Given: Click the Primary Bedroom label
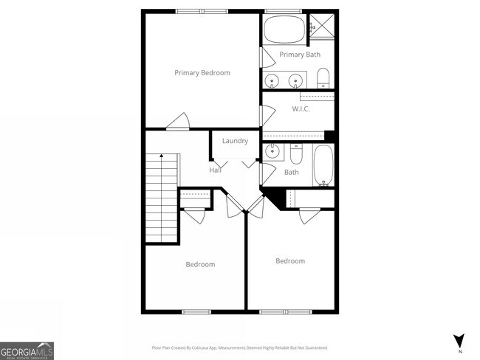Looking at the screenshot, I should coord(202,73).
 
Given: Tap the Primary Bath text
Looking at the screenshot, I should coord(299,55).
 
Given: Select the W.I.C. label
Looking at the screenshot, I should coord(301,109).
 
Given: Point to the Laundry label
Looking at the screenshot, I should coord(235,141).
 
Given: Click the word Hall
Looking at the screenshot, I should coord(215,170).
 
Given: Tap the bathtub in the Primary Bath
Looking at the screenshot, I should coord(284,30).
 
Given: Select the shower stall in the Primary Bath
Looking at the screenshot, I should coord(322,26).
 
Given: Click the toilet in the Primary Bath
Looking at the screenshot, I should coord(323,77).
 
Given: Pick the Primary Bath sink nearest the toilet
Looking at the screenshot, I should coord(297,80).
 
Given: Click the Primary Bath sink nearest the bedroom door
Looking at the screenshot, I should coord(272,80).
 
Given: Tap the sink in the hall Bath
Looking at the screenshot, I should coord(272,152).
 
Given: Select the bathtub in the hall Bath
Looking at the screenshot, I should coord(323,165).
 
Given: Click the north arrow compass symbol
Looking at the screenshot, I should coord(459,340).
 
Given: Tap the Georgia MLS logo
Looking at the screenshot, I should coord(27,350).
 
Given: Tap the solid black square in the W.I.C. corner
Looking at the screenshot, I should coord(330,136).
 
